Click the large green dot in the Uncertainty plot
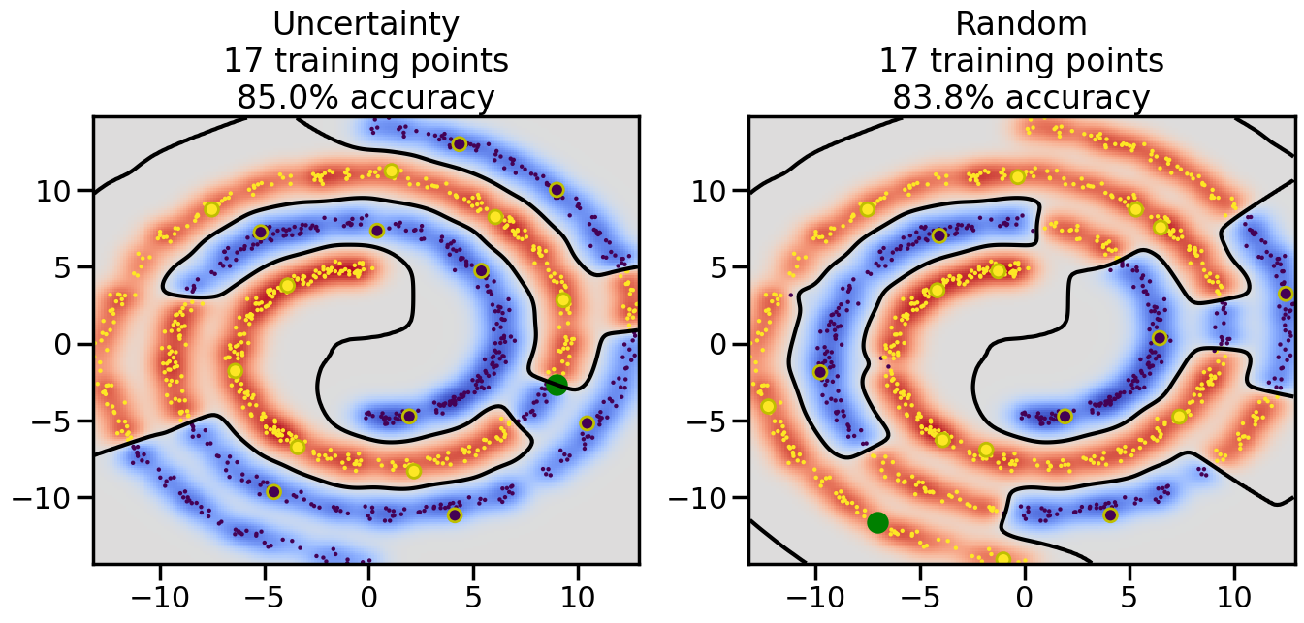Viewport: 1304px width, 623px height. point(556,385)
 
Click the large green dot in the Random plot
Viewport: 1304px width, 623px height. point(877,522)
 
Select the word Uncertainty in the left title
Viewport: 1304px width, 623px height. point(366,23)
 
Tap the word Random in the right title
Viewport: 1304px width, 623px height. point(1021,23)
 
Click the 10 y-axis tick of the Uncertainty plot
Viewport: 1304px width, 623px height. point(55,190)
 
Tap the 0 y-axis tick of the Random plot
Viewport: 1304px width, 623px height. point(720,344)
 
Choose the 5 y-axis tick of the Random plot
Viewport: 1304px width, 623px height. point(720,267)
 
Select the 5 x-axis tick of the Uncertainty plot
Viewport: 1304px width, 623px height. point(473,592)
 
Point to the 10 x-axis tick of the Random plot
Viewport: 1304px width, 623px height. point(1234,592)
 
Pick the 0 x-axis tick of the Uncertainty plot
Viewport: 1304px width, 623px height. point(368,592)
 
